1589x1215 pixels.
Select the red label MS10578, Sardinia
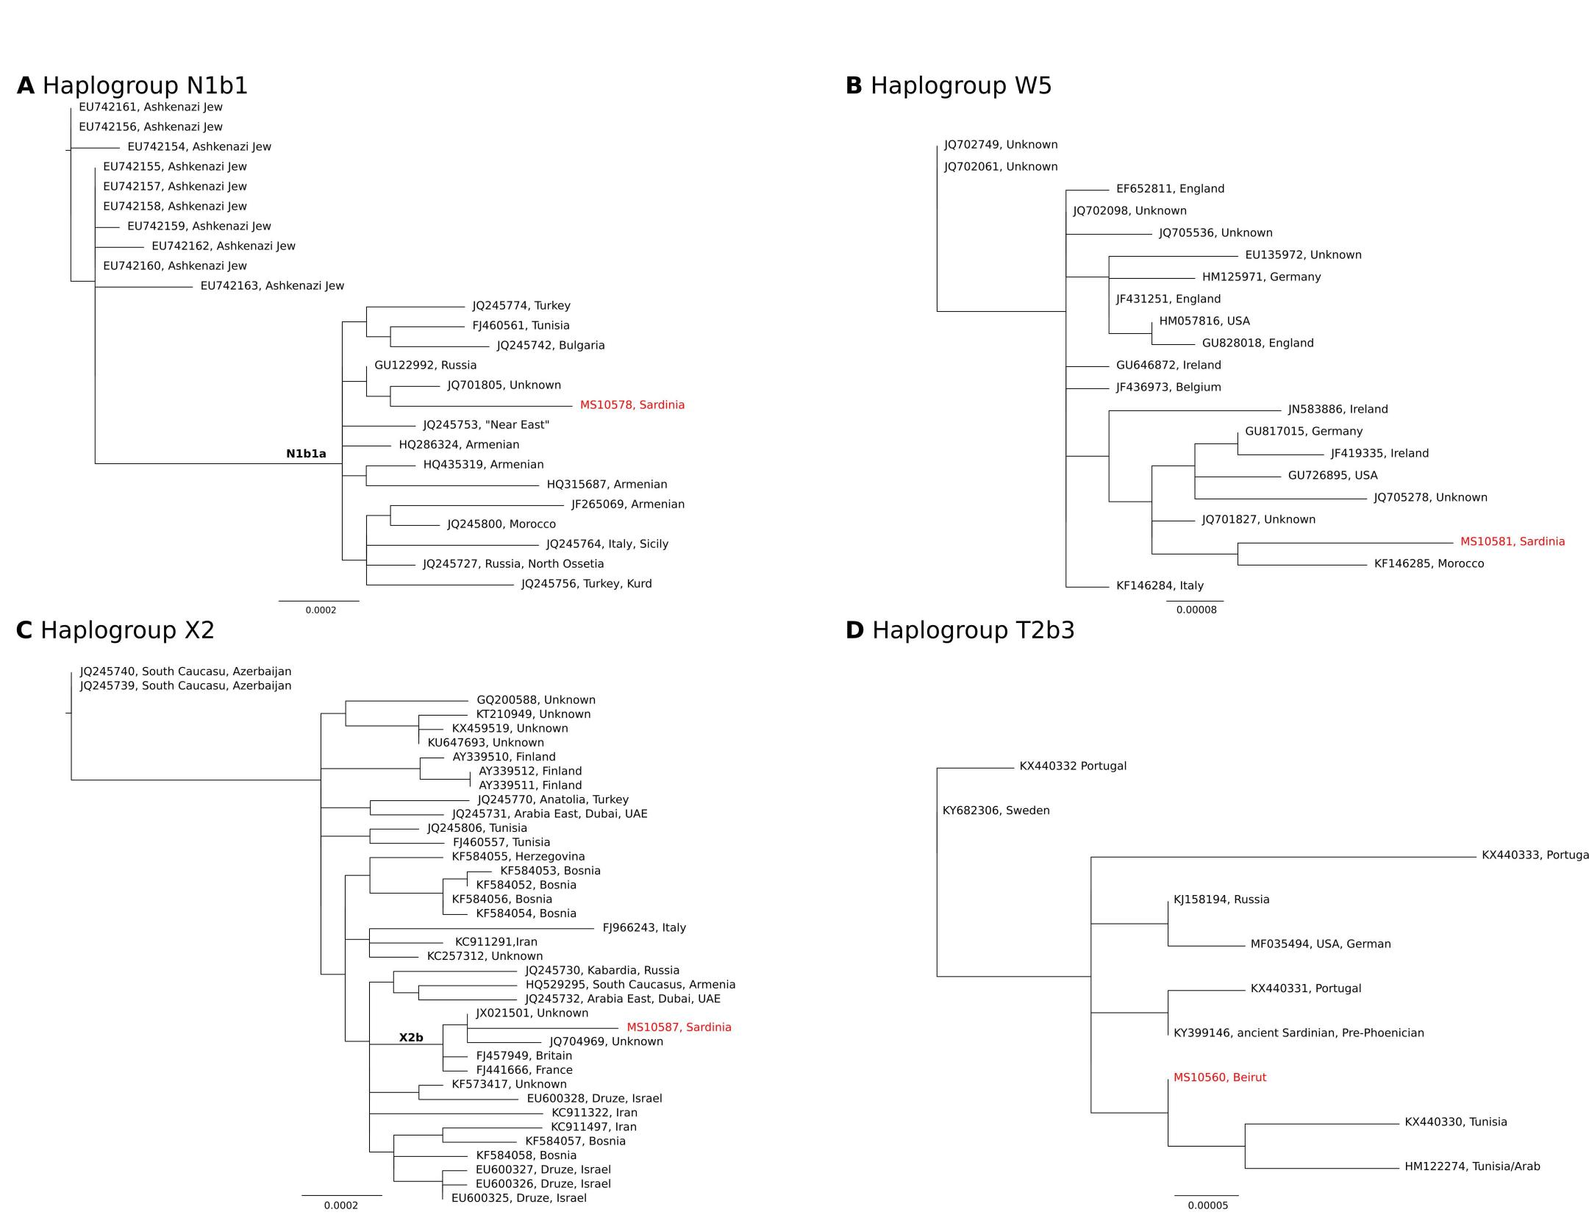(x=632, y=405)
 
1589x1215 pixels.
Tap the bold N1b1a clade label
(x=306, y=455)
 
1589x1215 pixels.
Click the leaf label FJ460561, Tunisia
(x=521, y=326)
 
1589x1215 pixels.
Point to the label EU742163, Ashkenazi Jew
(x=272, y=286)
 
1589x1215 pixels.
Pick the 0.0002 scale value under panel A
(x=321, y=610)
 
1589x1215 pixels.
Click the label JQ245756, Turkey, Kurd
(x=586, y=584)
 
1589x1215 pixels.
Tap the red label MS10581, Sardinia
(x=1512, y=542)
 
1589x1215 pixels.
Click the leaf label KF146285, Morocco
(x=1429, y=564)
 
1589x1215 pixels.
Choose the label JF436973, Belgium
(x=1168, y=388)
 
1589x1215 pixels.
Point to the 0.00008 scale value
(x=1196, y=610)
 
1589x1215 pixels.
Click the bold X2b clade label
(x=411, y=1038)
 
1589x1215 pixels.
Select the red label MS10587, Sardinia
(x=679, y=1027)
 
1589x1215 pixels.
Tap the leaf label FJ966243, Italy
(x=644, y=928)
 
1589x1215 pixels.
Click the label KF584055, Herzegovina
(x=518, y=857)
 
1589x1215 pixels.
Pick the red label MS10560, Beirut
(x=1219, y=1078)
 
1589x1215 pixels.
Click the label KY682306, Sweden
(x=996, y=811)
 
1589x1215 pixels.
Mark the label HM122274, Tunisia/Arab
(x=1471, y=1166)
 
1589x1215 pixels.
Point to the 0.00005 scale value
(x=1207, y=1205)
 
